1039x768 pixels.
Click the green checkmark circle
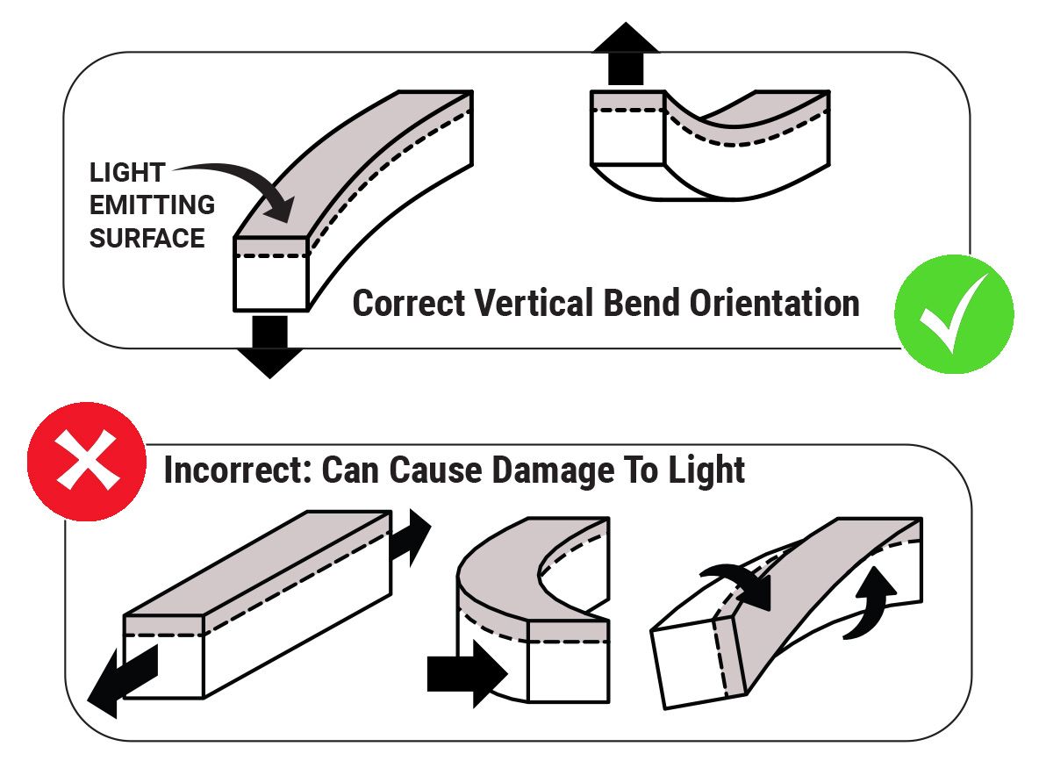[953, 314]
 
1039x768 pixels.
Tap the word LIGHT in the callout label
[126, 173]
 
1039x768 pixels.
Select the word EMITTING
[152, 205]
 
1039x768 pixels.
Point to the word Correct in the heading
[409, 304]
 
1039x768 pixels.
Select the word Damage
[542, 470]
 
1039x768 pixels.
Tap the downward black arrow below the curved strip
[269, 345]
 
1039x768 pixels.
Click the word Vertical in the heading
[537, 304]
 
